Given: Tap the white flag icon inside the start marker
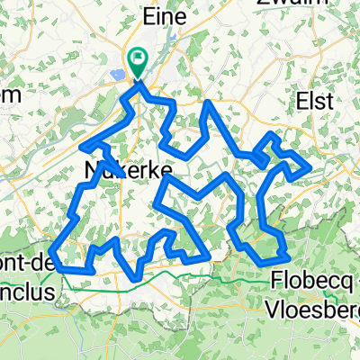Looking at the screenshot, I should click(x=139, y=58).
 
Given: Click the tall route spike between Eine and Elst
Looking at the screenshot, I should click(x=209, y=103).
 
